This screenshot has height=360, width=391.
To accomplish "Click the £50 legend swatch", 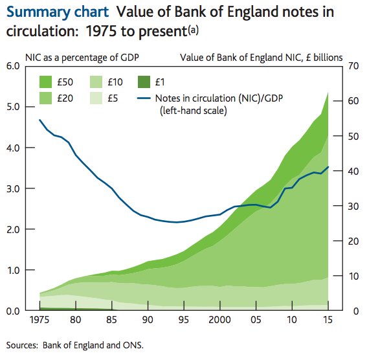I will click(x=47, y=82).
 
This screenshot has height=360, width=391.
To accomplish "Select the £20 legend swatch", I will click(x=47, y=98).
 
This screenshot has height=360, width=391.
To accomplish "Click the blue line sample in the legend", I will click(x=146, y=98).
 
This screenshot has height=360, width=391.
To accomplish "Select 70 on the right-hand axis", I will click(x=353, y=66).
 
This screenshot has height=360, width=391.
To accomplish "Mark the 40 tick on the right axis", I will click(x=353, y=171).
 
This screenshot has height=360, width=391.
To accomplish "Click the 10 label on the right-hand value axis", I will click(x=353, y=276).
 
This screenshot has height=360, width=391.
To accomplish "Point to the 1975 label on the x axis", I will click(x=39, y=321).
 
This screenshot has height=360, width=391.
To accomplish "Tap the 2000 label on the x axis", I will click(x=221, y=321).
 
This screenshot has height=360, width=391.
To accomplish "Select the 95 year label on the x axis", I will click(x=184, y=321).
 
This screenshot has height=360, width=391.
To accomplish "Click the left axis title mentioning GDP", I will click(x=82, y=56).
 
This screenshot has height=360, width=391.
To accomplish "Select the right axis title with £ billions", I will click(x=262, y=56).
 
